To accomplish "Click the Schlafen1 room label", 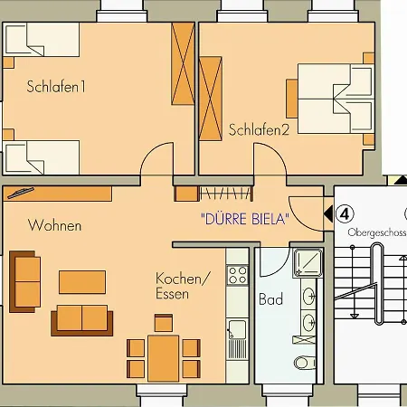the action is tap(56, 87).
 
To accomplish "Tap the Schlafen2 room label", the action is tap(259, 129).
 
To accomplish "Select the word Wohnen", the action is tap(54, 225).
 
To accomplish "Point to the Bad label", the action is tap(270, 299).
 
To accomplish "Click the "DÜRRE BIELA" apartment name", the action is tap(245, 219).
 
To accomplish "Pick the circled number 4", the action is tap(345, 213).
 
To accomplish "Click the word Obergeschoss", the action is tap(377, 232).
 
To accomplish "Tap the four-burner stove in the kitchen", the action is tap(238, 275).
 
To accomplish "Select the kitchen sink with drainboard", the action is tap(238, 339).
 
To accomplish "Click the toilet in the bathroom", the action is tap(305, 363).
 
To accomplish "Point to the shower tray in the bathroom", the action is tap(308, 263).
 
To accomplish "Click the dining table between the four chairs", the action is tap(163, 358).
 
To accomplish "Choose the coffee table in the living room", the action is tap(82, 282).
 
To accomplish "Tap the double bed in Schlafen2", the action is tap(335, 99).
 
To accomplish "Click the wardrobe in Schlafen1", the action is tap(183, 63).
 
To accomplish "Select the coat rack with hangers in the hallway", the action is tap(226, 194).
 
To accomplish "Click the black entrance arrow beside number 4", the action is tap(328, 213).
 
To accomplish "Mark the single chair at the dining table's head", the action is tap(164, 323).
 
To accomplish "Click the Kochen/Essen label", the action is tap(182, 286).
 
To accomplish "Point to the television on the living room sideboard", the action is tap(21, 193).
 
